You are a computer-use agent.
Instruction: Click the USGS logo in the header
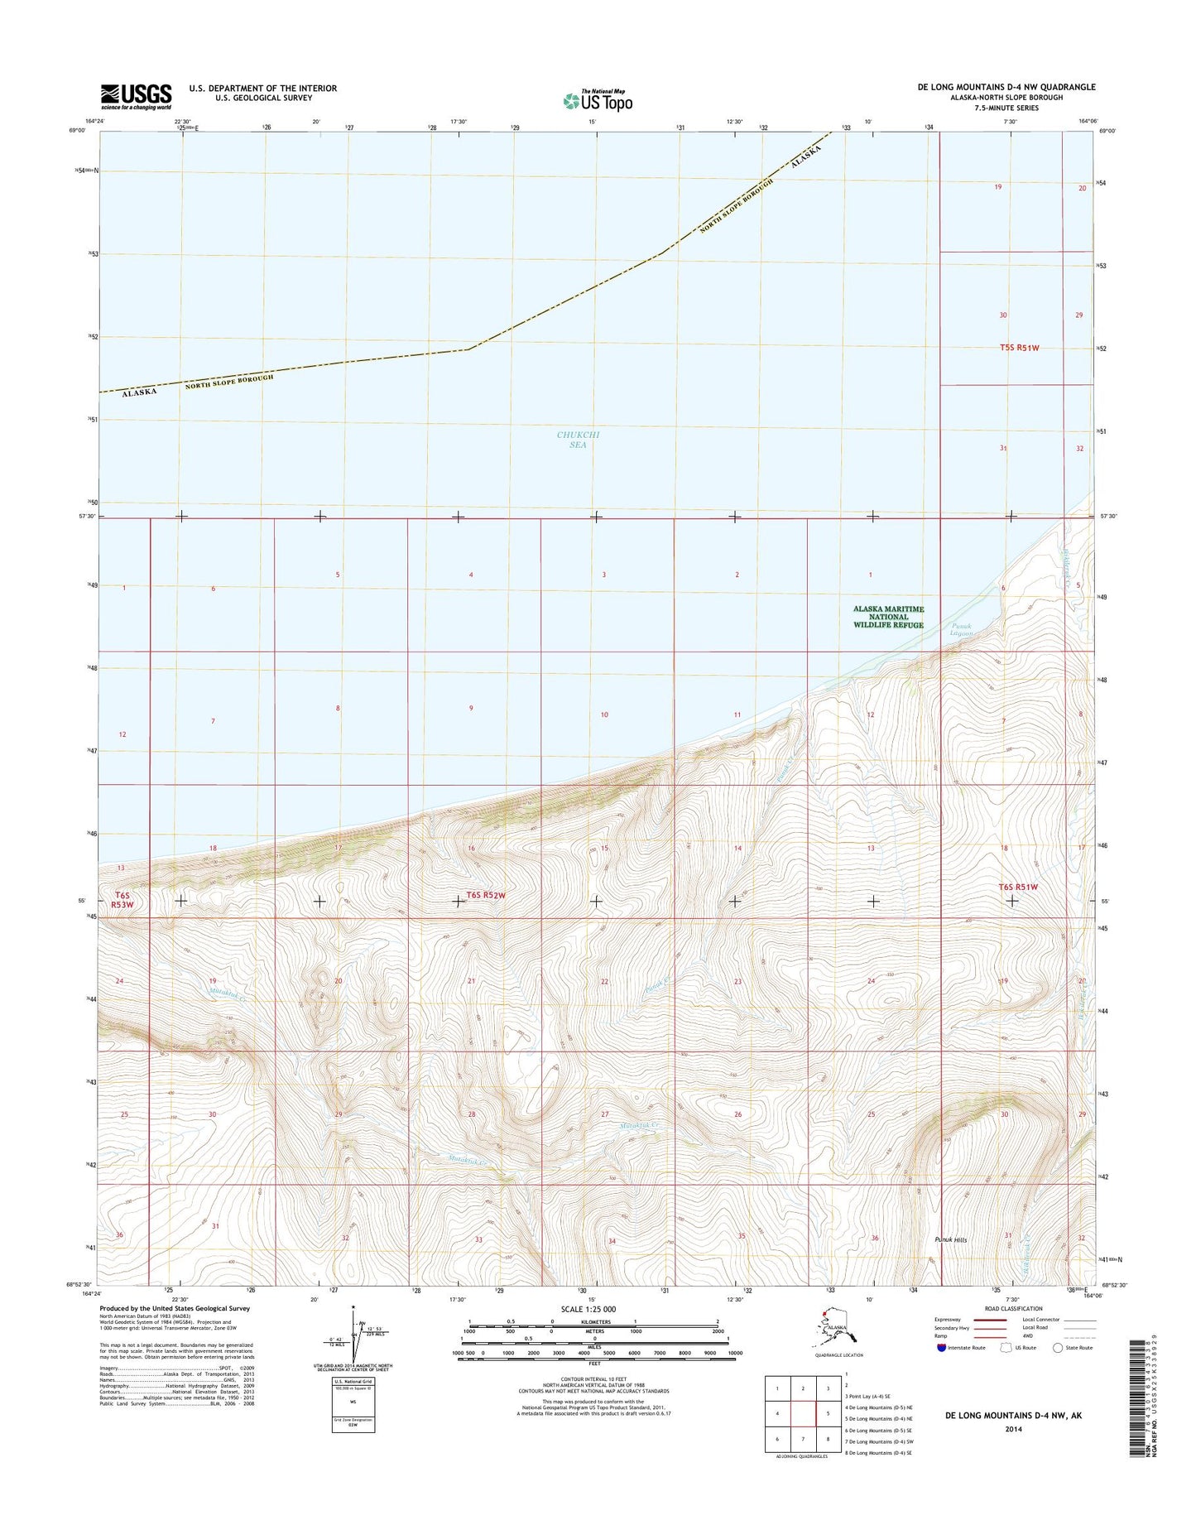coord(137,96)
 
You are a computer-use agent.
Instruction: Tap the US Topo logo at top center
coord(598,101)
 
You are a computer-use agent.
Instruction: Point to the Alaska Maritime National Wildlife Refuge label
coord(889,617)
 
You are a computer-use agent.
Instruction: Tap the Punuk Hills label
coord(950,1239)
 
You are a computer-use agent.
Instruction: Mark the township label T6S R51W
coord(1018,887)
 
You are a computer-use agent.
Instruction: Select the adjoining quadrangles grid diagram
coord(803,1414)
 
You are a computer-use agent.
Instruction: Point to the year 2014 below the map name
coord(1012,1428)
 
